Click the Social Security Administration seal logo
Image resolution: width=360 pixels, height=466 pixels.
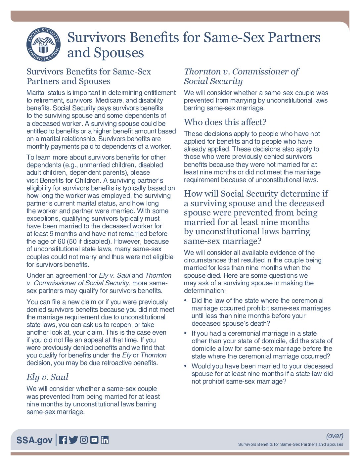coord(43,45)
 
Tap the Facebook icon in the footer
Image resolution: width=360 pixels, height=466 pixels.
coord(63,440)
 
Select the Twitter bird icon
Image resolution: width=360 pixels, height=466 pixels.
coord(73,440)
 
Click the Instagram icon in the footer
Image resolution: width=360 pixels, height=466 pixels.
coord(84,440)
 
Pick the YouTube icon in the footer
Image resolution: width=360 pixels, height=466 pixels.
coord(94,440)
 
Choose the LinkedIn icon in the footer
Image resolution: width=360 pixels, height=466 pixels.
coord(105,440)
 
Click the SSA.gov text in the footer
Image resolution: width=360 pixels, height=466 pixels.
coord(34,440)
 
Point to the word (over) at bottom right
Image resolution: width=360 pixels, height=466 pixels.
coord(335,436)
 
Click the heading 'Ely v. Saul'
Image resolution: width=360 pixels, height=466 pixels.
coord(47,377)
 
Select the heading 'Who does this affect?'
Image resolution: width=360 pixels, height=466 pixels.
coord(225,122)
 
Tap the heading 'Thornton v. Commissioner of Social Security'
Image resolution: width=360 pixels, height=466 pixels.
coord(241,76)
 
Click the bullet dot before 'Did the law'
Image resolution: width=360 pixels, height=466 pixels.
coord(186,300)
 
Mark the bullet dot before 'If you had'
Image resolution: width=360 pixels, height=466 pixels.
coord(186,333)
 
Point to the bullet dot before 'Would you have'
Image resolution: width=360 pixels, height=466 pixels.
coord(186,366)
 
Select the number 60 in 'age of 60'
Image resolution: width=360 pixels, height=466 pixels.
coord(61,241)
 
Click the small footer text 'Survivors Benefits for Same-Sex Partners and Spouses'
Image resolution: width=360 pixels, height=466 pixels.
coord(291,444)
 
